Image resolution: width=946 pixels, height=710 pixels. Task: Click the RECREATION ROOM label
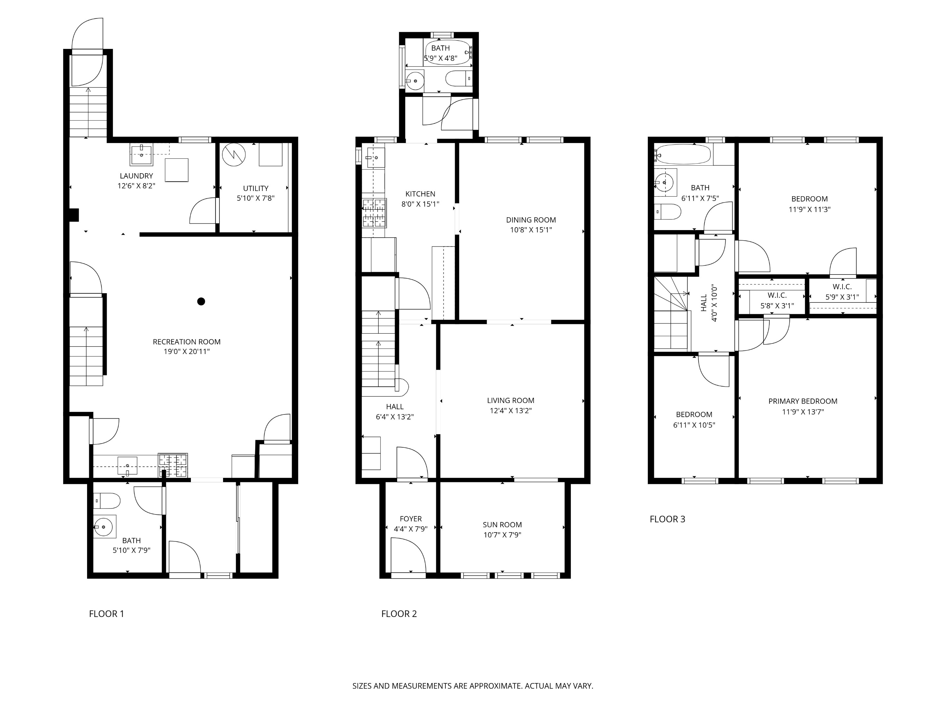187,342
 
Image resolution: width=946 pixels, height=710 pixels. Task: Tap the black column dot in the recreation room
201,301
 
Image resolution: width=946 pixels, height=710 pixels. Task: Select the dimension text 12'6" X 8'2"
136,186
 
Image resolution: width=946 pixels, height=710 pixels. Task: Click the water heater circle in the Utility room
234,154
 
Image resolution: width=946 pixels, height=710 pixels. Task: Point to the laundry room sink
141,155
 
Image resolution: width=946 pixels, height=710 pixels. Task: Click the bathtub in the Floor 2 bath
448,53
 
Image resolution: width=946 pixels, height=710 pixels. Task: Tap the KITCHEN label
420,194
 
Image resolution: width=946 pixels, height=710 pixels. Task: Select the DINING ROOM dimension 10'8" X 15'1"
531,230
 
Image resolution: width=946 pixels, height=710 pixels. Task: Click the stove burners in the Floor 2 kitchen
374,213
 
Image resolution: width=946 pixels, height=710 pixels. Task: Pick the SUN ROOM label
502,525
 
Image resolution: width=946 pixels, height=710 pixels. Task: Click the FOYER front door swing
408,556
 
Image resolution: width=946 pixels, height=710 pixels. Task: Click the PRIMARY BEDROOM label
802,401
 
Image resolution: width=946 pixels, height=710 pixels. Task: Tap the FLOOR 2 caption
398,614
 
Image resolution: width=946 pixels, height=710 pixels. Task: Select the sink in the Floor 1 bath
105,526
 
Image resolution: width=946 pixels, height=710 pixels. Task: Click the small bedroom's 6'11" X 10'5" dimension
694,425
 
